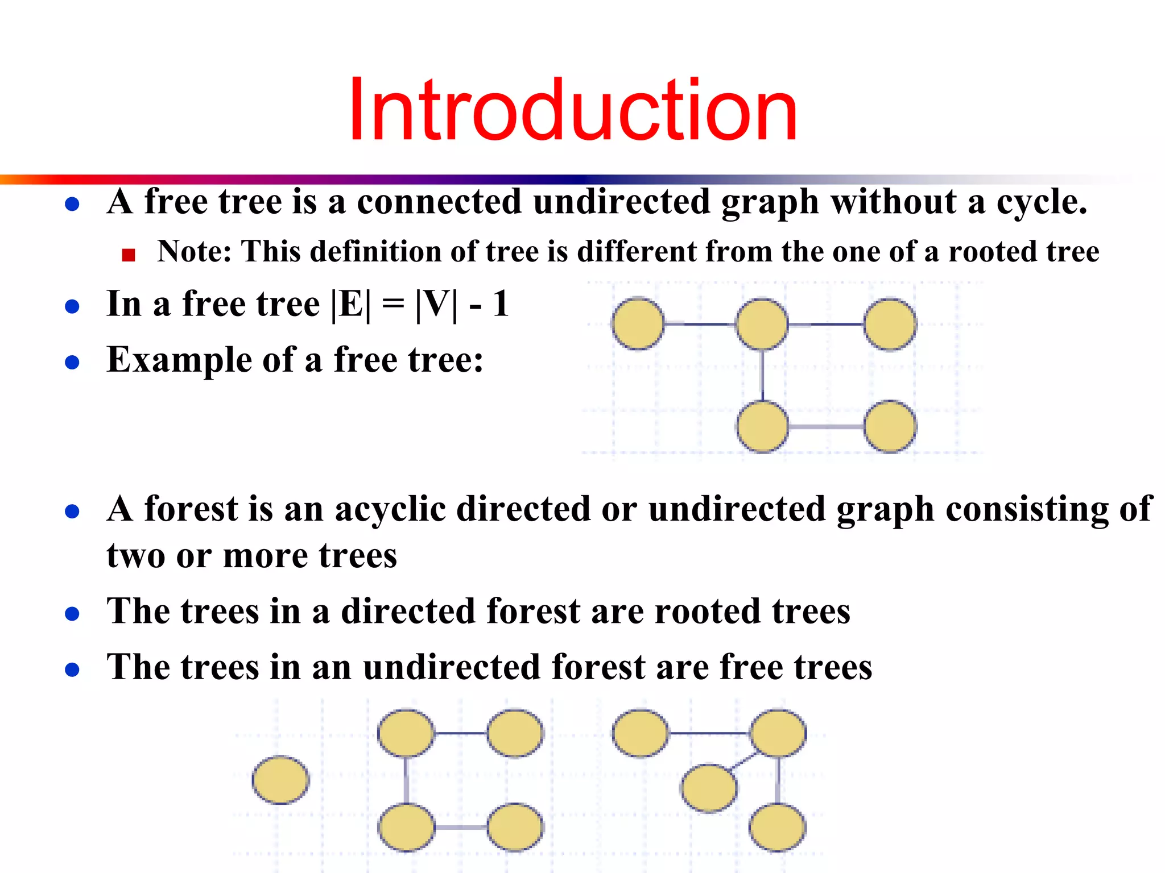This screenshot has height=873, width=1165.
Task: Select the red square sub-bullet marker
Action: click(129, 255)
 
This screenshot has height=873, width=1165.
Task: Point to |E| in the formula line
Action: click(350, 305)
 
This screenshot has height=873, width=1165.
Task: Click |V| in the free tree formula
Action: click(436, 305)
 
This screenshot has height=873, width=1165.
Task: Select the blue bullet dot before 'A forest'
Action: click(72, 512)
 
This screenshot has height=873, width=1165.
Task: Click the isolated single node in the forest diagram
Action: click(280, 780)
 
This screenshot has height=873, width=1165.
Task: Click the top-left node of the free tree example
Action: click(638, 323)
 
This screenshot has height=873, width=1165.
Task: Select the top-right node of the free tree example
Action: click(890, 324)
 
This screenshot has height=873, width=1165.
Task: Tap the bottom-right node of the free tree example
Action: click(890, 426)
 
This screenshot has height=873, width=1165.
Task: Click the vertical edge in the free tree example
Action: click(762, 375)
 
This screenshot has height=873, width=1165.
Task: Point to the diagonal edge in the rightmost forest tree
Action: click(743, 761)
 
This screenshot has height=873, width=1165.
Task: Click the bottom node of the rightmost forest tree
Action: click(777, 827)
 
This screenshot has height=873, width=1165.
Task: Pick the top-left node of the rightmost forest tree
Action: click(640, 733)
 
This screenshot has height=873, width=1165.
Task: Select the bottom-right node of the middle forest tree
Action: click(515, 827)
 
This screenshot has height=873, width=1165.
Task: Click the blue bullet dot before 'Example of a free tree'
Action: click(72, 363)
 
